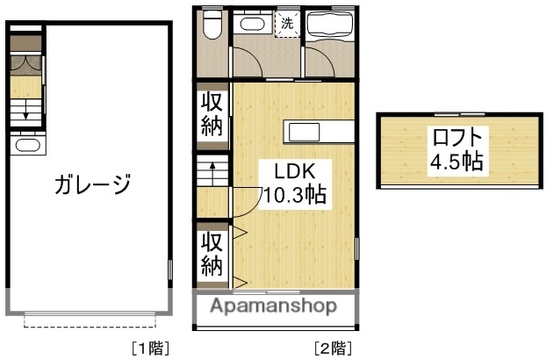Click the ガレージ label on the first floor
(x=92, y=185)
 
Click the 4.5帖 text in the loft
(x=456, y=162)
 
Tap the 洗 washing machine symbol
(x=287, y=24)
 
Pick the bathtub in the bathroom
(x=330, y=24)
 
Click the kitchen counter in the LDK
(x=318, y=132)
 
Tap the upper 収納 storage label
(x=212, y=113)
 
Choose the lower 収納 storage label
(x=212, y=254)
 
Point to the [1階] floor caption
(x=149, y=348)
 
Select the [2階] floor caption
(x=333, y=348)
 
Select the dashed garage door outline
(x=91, y=321)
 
